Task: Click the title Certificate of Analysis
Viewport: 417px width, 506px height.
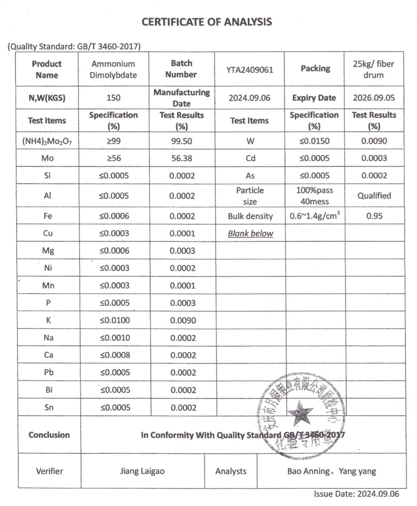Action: [206, 22]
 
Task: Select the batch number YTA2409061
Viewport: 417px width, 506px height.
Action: [249, 70]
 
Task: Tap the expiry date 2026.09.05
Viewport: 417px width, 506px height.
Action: [374, 97]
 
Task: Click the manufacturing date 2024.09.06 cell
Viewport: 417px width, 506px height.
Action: [249, 97]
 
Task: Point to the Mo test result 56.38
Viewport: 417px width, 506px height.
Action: [181, 159]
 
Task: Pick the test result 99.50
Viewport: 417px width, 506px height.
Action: [181, 141]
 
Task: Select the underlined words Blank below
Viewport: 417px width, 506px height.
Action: [250, 234]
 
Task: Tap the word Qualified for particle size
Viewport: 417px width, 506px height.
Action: [374, 196]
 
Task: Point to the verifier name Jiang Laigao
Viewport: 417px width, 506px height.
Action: [143, 471]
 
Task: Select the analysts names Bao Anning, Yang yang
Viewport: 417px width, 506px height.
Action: [331, 471]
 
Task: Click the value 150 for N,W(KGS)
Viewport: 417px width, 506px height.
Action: [114, 97]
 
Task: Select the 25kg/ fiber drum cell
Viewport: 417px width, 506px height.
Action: [374, 70]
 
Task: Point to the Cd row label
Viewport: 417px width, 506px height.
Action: [250, 159]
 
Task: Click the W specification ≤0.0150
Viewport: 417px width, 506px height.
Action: [315, 141]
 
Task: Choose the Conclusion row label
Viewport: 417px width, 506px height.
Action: [49, 434]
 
